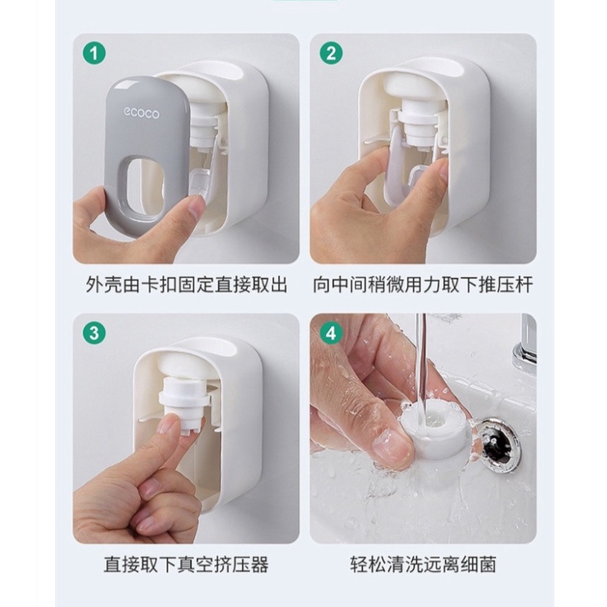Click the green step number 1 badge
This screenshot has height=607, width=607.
[94, 53]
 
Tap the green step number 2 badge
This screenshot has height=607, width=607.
[331, 53]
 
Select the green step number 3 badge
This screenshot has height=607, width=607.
[94, 334]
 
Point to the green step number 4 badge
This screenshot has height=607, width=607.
[331, 334]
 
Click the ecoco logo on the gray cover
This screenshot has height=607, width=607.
[141, 113]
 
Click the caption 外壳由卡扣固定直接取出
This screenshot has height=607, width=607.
[186, 285]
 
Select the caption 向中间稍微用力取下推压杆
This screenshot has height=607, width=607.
[423, 285]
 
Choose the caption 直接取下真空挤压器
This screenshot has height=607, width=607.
[186, 564]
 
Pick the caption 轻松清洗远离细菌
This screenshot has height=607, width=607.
[423, 564]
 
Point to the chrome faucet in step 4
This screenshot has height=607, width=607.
[525, 344]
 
